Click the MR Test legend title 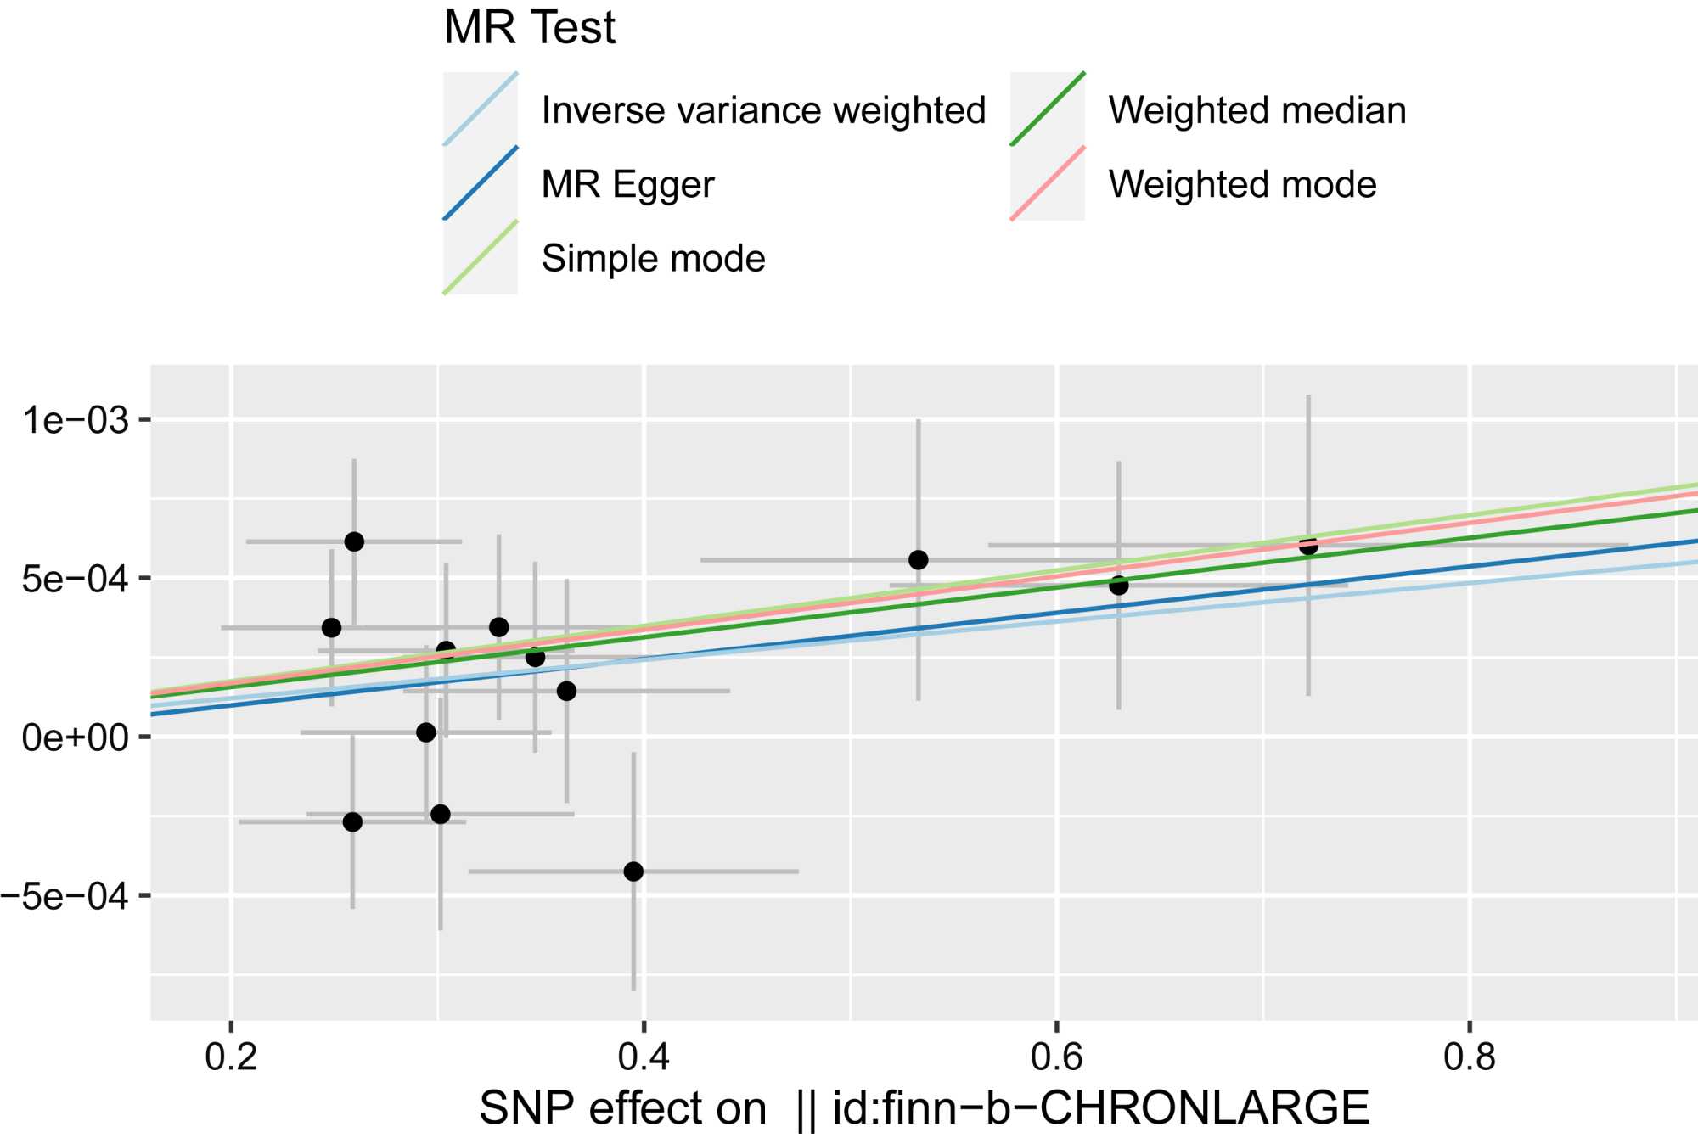(x=529, y=28)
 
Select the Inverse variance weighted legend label (x=763, y=110)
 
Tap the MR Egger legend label (x=627, y=184)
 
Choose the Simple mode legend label (x=653, y=258)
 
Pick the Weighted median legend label (x=1257, y=110)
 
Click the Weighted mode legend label (x=1242, y=184)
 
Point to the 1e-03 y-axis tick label (x=76, y=420)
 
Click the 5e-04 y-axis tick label (x=76, y=579)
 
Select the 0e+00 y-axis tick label (x=76, y=737)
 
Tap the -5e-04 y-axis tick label (x=65, y=896)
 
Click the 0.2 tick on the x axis (x=231, y=1057)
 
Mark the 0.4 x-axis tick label (x=644, y=1057)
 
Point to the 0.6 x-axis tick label (x=1056, y=1057)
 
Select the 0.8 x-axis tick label (x=1470, y=1057)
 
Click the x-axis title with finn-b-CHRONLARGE (x=924, y=1107)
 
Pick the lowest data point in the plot (x=633, y=872)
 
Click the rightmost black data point (x=1308, y=546)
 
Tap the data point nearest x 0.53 (x=918, y=560)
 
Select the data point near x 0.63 (x=1119, y=586)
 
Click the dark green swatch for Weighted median (x=1048, y=109)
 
